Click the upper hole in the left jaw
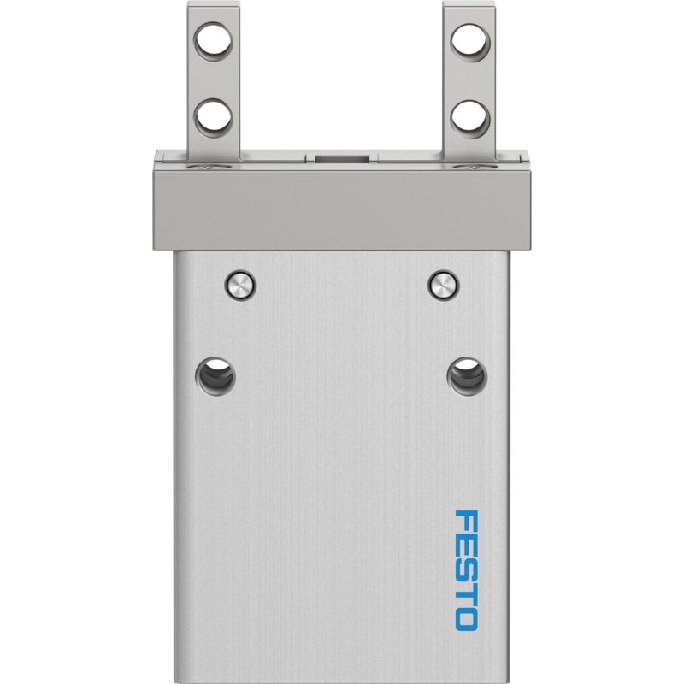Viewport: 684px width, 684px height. [x=213, y=42]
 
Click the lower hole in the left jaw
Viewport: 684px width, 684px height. [x=213, y=118]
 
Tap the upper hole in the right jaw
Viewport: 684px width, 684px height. [x=470, y=43]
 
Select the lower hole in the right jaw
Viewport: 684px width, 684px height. [x=470, y=119]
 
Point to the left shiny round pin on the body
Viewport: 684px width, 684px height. [x=240, y=286]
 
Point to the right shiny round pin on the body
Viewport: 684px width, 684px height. [x=444, y=286]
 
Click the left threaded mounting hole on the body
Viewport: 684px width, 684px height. [x=215, y=376]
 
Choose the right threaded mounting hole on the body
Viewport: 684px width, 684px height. [x=467, y=376]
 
